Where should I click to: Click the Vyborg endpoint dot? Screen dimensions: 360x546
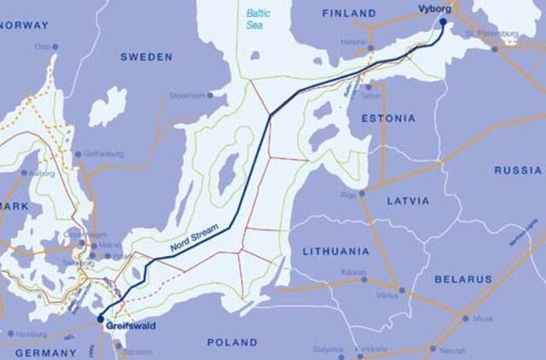443,22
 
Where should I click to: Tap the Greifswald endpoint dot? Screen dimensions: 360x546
101,319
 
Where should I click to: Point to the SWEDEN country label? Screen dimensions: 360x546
146,57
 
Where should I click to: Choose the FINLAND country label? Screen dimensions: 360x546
350,14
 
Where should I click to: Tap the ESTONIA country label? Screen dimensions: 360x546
388,119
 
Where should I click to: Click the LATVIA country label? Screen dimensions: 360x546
414,201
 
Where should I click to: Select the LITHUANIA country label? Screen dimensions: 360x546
336,252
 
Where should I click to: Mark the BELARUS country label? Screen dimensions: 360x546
463,279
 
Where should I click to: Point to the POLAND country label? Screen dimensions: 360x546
232,342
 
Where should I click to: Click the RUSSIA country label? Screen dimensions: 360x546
518,171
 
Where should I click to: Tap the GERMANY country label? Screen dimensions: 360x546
45,352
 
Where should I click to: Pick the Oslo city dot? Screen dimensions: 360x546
55,47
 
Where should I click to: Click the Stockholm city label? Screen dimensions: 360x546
186,96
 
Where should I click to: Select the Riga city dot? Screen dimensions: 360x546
362,194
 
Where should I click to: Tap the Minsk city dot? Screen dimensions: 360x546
466,318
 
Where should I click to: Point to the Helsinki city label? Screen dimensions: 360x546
353,40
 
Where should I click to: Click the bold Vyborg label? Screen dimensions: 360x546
435,9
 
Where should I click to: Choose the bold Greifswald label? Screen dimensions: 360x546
130,326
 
